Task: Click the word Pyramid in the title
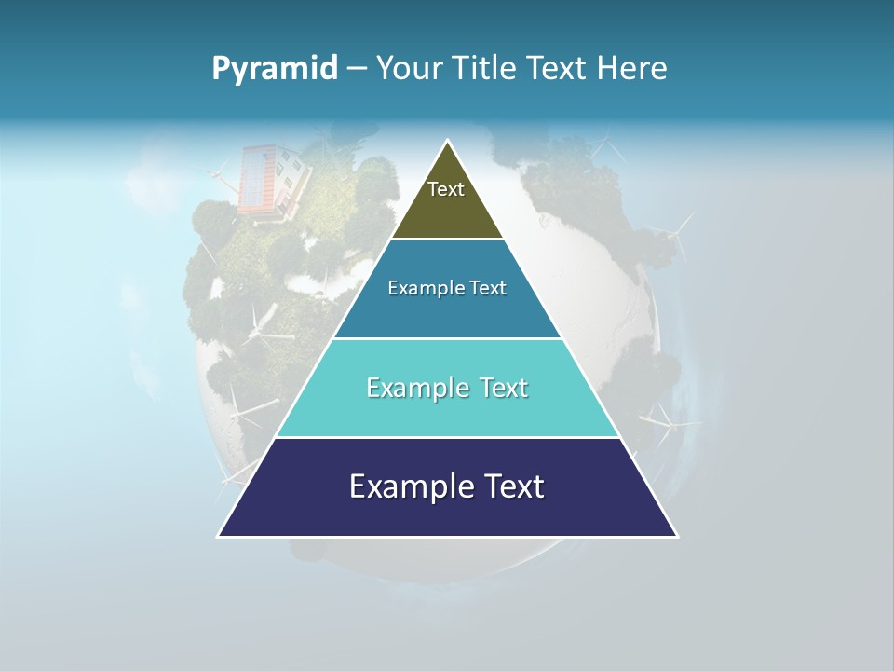[275, 69]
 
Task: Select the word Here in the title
[632, 69]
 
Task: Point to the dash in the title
[357, 69]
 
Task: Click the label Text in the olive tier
[446, 189]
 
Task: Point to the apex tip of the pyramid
[448, 142]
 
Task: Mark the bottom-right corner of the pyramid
[676, 536]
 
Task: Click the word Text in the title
[556, 69]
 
